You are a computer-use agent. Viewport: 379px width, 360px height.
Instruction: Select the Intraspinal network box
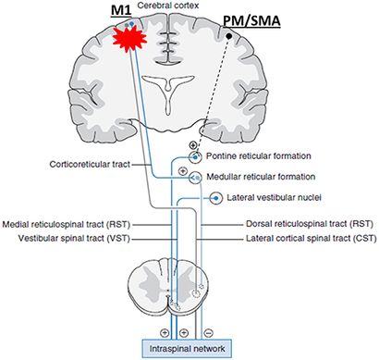click(187, 349)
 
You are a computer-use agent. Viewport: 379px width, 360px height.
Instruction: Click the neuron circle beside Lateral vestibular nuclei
click(216, 197)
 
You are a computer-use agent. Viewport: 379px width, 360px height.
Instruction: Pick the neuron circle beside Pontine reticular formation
click(195, 156)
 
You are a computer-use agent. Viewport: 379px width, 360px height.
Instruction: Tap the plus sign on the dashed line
click(192, 145)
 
